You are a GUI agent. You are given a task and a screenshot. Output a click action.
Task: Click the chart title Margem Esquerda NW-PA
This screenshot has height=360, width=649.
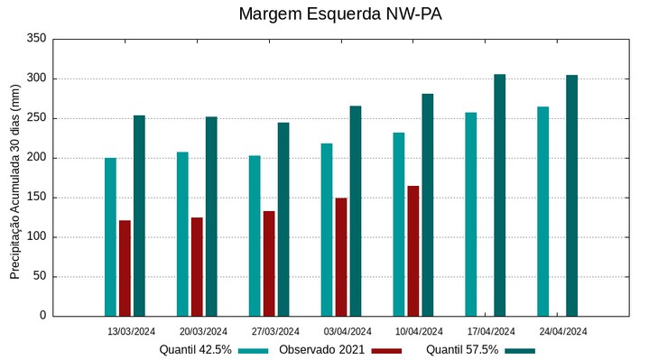[339, 14]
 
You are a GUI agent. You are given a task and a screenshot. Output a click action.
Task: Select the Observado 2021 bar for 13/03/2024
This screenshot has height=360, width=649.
[125, 268]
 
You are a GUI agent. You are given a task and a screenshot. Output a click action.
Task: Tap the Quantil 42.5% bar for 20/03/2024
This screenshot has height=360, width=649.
[182, 234]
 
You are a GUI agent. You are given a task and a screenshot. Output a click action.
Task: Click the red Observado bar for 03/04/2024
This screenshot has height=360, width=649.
[341, 257]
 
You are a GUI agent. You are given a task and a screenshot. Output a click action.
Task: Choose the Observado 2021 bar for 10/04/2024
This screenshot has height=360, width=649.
[413, 251]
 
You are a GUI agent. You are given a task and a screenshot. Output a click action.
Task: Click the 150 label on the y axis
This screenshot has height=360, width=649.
[36, 198]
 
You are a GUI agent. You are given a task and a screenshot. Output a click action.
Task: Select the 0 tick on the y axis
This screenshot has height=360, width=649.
[42, 316]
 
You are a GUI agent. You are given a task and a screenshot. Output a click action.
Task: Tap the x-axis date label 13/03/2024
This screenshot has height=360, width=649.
[131, 331]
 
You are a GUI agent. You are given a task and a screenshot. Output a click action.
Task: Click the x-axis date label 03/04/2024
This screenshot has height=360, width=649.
[348, 331]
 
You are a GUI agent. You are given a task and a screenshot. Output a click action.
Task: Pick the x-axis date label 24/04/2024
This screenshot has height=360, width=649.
[563, 331]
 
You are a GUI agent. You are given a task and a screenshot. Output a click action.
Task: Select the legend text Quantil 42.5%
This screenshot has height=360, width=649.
[196, 350]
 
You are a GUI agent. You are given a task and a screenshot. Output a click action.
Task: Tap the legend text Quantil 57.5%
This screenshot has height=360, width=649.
[462, 350]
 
